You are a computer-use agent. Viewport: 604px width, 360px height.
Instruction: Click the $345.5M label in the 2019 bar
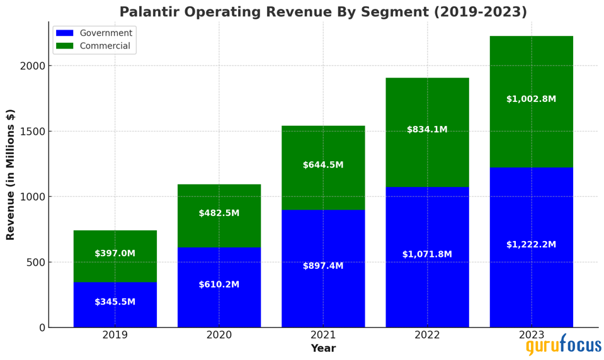pos(115,302)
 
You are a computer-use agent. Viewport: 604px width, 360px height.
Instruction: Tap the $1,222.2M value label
pos(531,245)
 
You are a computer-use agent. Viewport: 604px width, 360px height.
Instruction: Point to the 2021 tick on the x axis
pos(323,335)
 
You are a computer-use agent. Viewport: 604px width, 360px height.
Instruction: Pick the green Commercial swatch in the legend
pos(64,46)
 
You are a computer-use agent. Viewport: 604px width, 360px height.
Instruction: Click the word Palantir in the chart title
pos(147,12)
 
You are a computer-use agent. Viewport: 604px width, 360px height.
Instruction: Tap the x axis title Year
pos(323,349)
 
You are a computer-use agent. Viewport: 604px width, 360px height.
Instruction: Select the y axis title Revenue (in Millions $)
pos(11,174)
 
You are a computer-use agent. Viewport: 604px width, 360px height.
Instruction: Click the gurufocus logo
pos(563,346)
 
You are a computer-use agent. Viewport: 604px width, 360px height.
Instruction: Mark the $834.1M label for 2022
pos(427,130)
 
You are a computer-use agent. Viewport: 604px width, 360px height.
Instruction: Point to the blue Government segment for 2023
pos(531,277)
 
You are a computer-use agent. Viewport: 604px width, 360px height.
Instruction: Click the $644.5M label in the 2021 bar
pos(323,165)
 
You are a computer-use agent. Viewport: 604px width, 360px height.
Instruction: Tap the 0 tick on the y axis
pos(42,328)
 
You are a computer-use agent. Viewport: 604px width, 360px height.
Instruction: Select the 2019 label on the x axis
pos(115,335)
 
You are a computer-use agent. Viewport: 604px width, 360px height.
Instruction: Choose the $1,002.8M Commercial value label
pos(531,99)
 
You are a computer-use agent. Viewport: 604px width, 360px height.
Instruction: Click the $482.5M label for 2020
pos(219,213)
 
